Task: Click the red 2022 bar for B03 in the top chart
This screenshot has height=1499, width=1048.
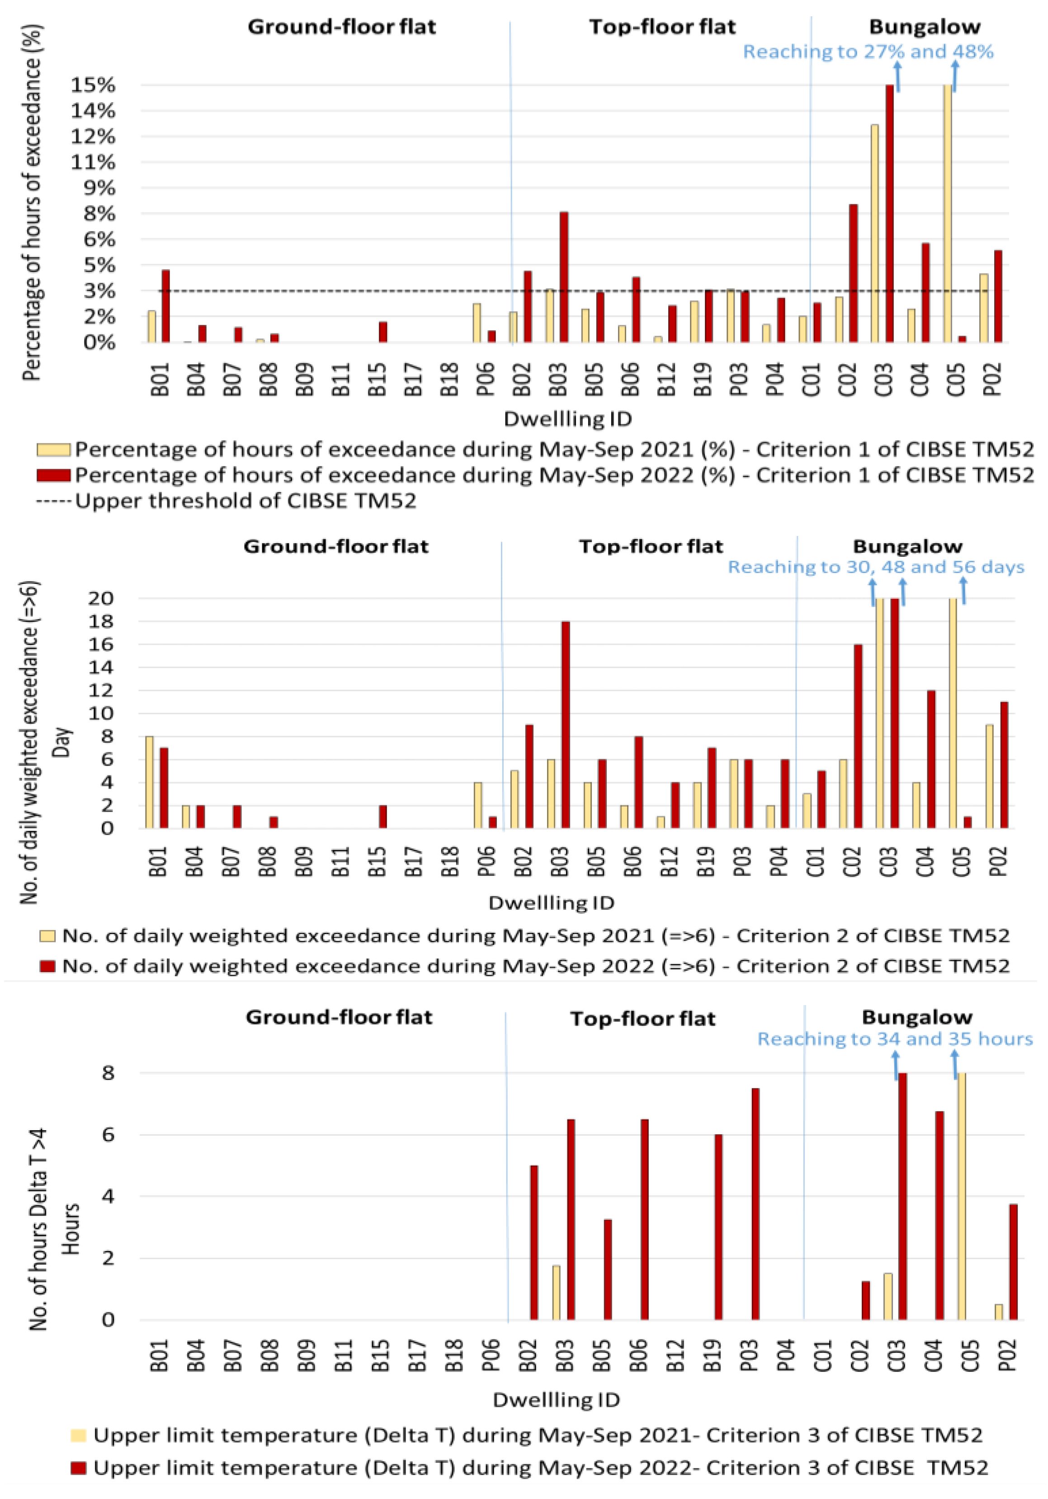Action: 563,277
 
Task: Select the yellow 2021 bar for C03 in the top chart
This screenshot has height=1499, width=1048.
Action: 874,233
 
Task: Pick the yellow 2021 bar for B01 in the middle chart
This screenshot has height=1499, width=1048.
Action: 150,782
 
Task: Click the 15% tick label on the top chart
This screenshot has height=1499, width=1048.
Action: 94,85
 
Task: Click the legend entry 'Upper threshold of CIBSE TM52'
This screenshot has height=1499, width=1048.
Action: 245,501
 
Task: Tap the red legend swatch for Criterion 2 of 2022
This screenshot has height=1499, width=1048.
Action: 47,966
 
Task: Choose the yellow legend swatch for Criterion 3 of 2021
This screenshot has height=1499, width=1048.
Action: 78,1436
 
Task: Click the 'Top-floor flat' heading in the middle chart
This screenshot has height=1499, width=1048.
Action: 651,546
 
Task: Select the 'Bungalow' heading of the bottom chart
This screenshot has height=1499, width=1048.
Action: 917,1017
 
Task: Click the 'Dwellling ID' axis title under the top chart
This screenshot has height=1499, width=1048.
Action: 567,418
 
